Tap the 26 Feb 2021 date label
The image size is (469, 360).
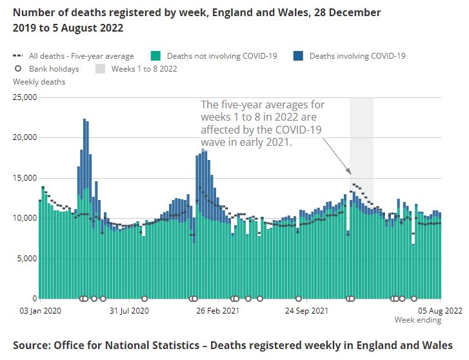(218, 310)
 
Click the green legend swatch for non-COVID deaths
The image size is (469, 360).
(155, 56)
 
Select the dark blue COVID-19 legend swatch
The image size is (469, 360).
(297, 56)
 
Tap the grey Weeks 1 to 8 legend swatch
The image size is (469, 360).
(101, 68)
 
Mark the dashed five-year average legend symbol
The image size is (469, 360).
(18, 56)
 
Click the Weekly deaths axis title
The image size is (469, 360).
(39, 82)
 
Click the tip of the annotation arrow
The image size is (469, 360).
(351, 174)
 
